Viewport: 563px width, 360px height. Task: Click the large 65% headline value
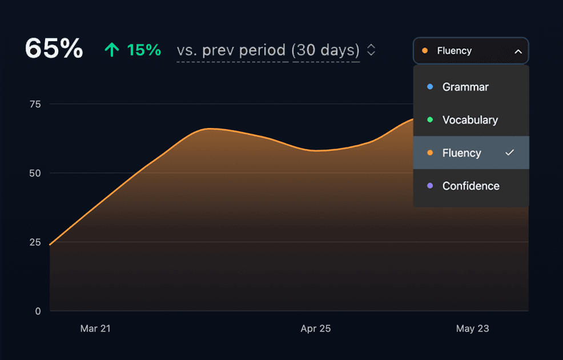[x=54, y=49]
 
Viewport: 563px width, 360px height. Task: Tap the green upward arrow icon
[x=112, y=50]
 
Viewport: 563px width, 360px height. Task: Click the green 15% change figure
[x=144, y=50]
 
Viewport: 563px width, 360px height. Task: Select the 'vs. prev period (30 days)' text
[x=268, y=50]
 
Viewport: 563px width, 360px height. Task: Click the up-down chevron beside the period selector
[x=371, y=50]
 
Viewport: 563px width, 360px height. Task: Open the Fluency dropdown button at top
[x=470, y=51]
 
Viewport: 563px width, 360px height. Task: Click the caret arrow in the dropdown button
[x=518, y=51]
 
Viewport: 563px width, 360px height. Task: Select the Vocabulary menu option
[x=470, y=120]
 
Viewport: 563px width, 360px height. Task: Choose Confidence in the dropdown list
[x=470, y=186]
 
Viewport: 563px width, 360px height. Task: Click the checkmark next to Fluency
[x=510, y=153]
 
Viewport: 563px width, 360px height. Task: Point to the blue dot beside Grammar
[x=430, y=87]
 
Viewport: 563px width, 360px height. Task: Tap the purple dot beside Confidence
[x=430, y=186]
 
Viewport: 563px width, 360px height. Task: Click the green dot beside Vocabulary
[x=430, y=120]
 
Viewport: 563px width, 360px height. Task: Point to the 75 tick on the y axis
[x=35, y=104]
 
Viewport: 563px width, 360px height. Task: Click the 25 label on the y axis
[x=35, y=242]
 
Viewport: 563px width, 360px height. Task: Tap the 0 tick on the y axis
[x=38, y=311]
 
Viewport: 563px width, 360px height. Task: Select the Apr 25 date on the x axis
[x=316, y=329]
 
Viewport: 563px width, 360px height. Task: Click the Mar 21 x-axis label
[x=95, y=329]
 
